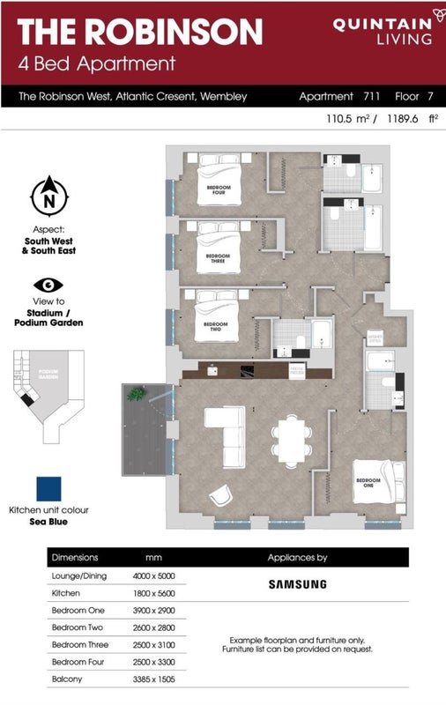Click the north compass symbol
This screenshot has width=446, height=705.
click(x=49, y=196)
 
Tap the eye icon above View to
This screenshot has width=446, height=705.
click(x=49, y=286)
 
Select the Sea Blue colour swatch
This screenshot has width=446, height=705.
click(x=48, y=487)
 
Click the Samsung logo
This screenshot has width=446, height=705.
click(x=297, y=583)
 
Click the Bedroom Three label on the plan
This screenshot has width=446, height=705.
click(x=217, y=259)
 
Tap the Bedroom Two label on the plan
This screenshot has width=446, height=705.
click(x=216, y=325)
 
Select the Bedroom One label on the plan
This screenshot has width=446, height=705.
click(x=368, y=482)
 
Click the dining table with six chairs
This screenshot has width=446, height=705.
click(x=291, y=437)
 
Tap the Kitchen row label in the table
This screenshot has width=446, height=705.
click(x=66, y=595)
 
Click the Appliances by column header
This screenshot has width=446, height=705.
click(x=297, y=557)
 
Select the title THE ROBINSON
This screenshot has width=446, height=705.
click(x=140, y=32)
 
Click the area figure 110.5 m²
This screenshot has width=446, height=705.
click(x=347, y=119)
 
